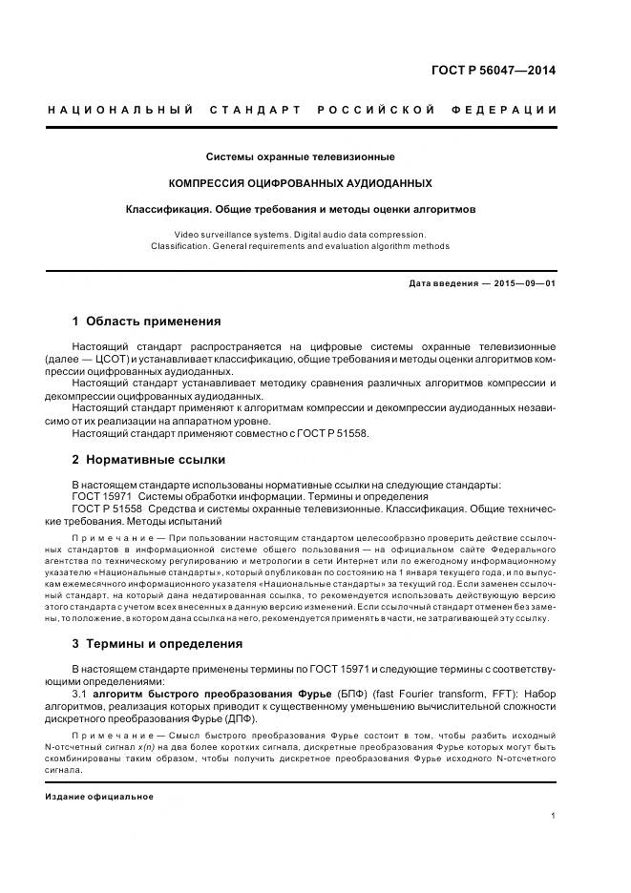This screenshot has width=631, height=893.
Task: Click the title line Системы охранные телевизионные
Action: pyautogui.click(x=301, y=156)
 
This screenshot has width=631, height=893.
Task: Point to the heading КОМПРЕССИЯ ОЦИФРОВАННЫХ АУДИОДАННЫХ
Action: pyautogui.click(x=301, y=182)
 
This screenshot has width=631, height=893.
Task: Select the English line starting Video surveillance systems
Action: pyautogui.click(x=301, y=234)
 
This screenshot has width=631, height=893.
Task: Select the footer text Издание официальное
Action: pyautogui.click(x=99, y=796)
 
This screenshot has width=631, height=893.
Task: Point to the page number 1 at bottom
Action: pyautogui.click(x=554, y=815)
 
